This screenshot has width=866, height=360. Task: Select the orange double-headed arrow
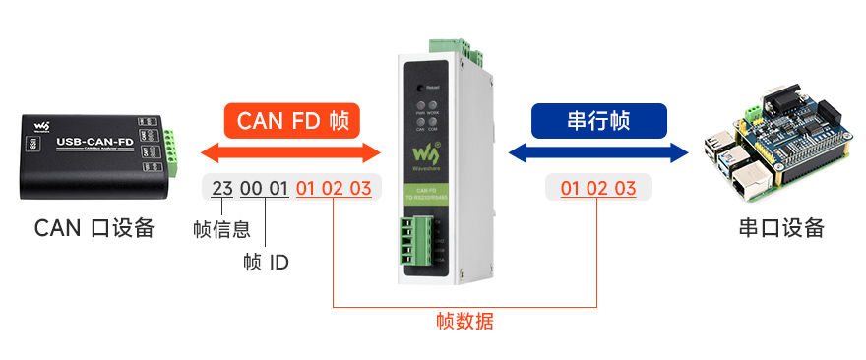click(x=290, y=152)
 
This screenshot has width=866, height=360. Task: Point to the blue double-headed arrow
click(x=597, y=152)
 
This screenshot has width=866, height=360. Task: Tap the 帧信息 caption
click(x=221, y=230)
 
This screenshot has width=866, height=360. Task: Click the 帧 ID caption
click(x=266, y=263)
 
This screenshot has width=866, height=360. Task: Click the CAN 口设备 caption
click(x=94, y=228)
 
